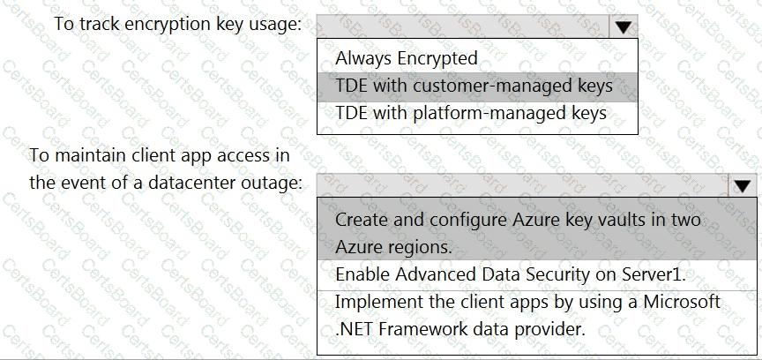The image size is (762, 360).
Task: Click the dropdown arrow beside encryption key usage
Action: (623, 27)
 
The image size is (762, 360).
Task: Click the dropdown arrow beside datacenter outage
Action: (742, 185)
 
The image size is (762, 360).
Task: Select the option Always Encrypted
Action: (407, 58)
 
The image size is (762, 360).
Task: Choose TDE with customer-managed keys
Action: (474, 86)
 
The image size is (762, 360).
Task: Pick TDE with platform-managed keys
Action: (471, 113)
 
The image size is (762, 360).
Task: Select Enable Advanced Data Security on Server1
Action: (511, 274)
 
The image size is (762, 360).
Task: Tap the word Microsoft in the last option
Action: (682, 302)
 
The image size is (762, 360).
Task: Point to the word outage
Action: (280, 184)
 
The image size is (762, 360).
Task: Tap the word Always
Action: (363, 58)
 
